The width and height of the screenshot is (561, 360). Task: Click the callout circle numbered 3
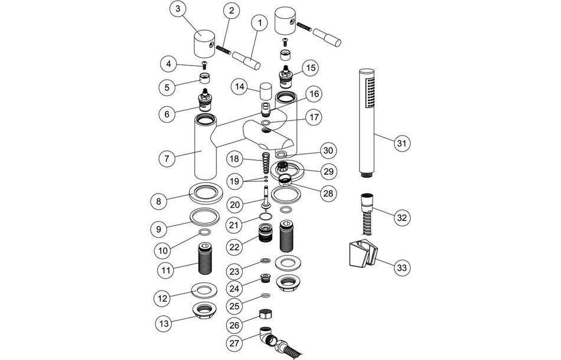click(x=179, y=10)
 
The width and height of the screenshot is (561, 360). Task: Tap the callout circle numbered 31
click(x=403, y=143)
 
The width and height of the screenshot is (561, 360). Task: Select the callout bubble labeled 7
click(x=168, y=158)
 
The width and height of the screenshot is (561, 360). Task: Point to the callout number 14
click(x=239, y=87)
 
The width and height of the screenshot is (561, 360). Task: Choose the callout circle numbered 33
click(x=402, y=268)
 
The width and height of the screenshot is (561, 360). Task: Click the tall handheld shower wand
click(x=367, y=121)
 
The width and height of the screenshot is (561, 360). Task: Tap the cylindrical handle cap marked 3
click(x=204, y=44)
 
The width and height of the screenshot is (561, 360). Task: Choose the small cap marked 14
click(x=265, y=91)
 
